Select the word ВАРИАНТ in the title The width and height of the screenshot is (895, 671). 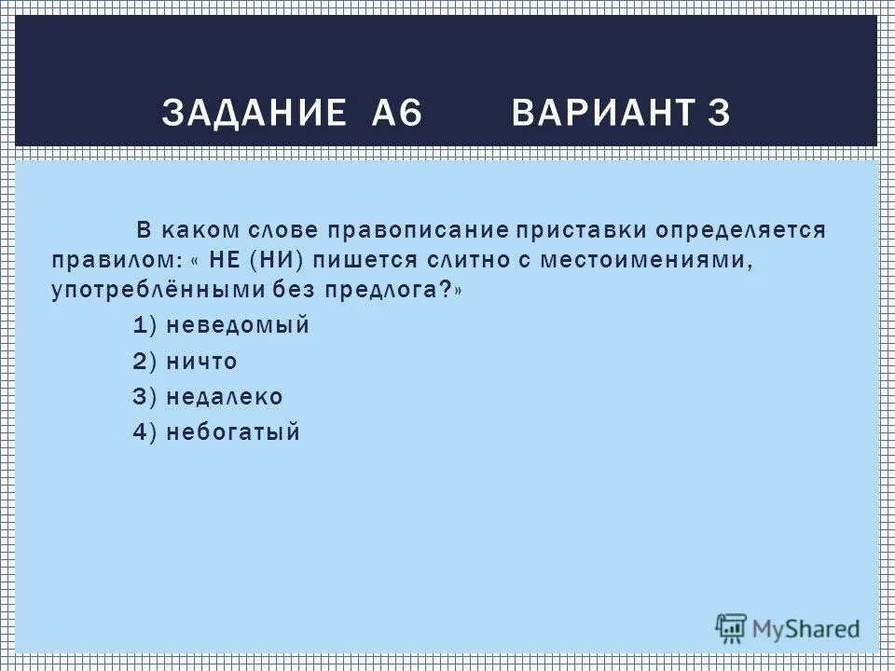601,113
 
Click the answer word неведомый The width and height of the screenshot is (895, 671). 238,326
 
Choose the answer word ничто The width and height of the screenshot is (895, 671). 201,362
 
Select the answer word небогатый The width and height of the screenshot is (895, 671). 233,432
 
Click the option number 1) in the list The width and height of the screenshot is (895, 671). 145,326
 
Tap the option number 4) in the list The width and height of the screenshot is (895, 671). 145,432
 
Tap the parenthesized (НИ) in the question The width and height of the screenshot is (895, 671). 283,262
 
